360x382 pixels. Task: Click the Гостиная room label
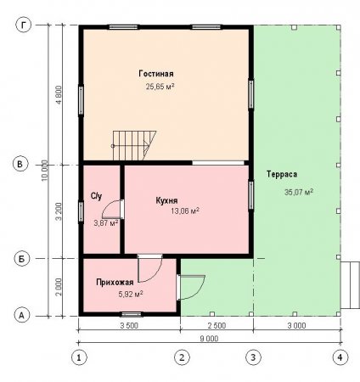(156, 74)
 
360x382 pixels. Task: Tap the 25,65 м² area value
(160, 87)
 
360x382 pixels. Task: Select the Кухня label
(166, 200)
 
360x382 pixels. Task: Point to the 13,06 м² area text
(185, 211)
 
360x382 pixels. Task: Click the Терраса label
(282, 174)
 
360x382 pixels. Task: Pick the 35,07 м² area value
(299, 192)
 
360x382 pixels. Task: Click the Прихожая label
(115, 283)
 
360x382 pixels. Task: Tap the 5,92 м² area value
(131, 295)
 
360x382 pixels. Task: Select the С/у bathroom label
(96, 196)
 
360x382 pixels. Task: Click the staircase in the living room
(133, 145)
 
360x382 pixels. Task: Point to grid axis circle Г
(23, 25)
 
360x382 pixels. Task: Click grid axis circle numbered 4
(340, 357)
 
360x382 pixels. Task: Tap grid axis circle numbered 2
(182, 357)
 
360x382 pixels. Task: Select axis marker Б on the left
(22, 259)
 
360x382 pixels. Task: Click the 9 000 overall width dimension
(209, 339)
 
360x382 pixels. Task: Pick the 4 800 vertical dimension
(59, 95)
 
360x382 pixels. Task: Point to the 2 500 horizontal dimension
(217, 325)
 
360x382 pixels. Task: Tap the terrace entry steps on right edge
(350, 285)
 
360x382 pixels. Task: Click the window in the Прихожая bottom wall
(132, 314)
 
